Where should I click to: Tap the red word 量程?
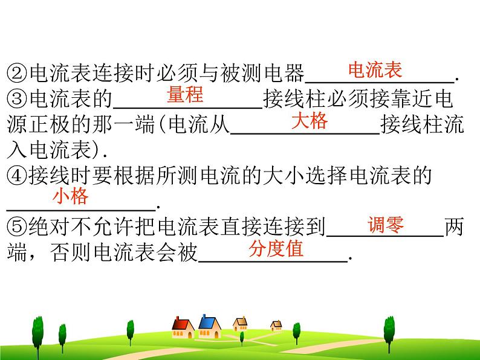(x=185, y=95)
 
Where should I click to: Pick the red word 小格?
(x=70, y=196)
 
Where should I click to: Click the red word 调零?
(x=386, y=225)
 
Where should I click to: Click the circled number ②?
(x=16, y=74)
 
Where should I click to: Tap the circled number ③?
(x=16, y=100)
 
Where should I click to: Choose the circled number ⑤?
(x=16, y=228)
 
